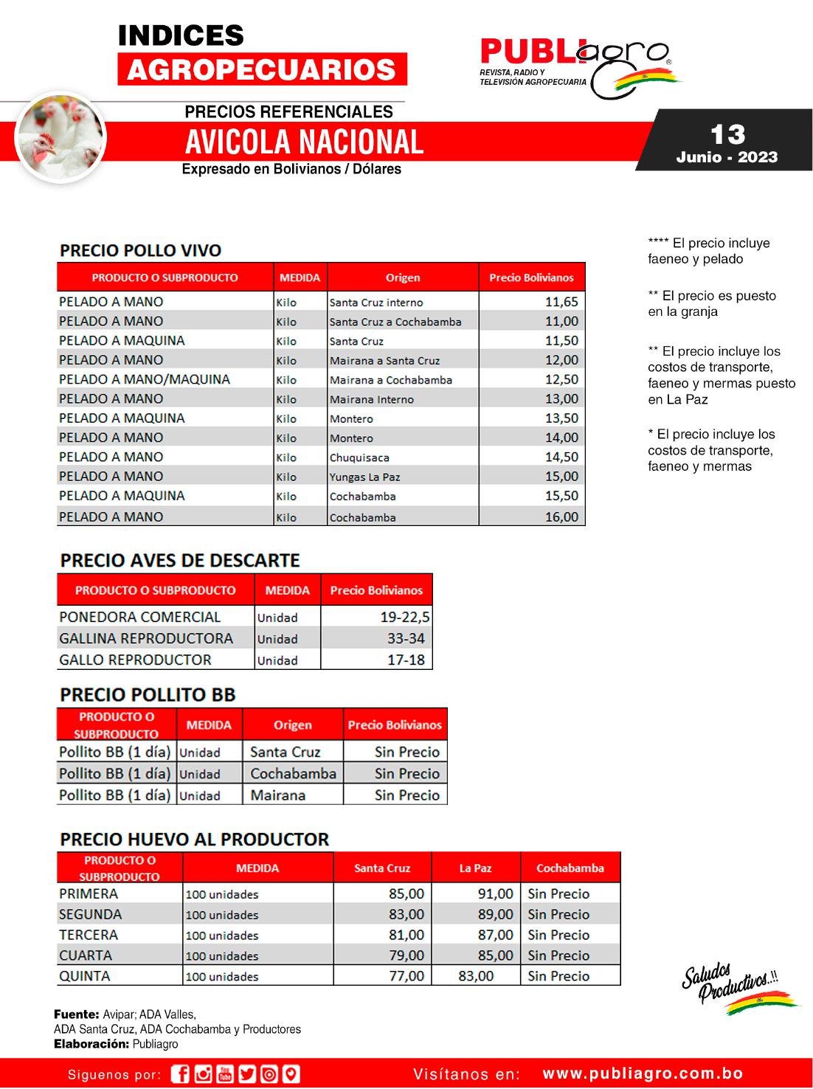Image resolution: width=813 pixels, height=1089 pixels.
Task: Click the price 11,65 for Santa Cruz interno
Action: [561, 302]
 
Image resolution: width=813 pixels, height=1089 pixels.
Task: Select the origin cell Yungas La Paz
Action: [364, 477]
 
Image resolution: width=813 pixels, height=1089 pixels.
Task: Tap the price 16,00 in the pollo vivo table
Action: [561, 516]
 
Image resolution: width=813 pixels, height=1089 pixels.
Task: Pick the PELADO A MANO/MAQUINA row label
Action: [145, 379]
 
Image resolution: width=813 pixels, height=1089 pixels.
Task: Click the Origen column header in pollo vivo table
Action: [403, 277]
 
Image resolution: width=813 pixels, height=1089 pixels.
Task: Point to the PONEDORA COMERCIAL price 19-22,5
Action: [405, 617]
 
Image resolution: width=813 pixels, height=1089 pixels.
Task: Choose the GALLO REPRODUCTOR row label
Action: [135, 660]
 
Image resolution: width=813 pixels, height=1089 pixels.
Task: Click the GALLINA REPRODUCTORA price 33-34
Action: [406, 638]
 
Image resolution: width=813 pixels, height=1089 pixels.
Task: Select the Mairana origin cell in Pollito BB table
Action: [277, 795]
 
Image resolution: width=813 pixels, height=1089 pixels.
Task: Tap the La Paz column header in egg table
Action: [475, 868]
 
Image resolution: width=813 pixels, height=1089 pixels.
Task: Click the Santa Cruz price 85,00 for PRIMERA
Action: [406, 893]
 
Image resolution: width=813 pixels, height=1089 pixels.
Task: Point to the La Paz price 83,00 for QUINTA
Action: [476, 975]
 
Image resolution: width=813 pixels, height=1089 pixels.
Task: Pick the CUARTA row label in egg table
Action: [86, 955]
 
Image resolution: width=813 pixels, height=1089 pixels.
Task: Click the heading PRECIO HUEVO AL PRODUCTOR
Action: [194, 839]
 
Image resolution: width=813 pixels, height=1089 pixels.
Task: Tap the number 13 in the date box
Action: [727, 134]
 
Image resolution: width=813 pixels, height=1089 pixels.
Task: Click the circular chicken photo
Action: [60, 137]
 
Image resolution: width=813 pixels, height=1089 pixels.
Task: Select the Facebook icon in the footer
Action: [180, 1074]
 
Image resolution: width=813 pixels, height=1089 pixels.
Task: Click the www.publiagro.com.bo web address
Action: [643, 1074]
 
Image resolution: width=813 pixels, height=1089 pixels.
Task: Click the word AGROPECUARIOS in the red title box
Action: [262, 69]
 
